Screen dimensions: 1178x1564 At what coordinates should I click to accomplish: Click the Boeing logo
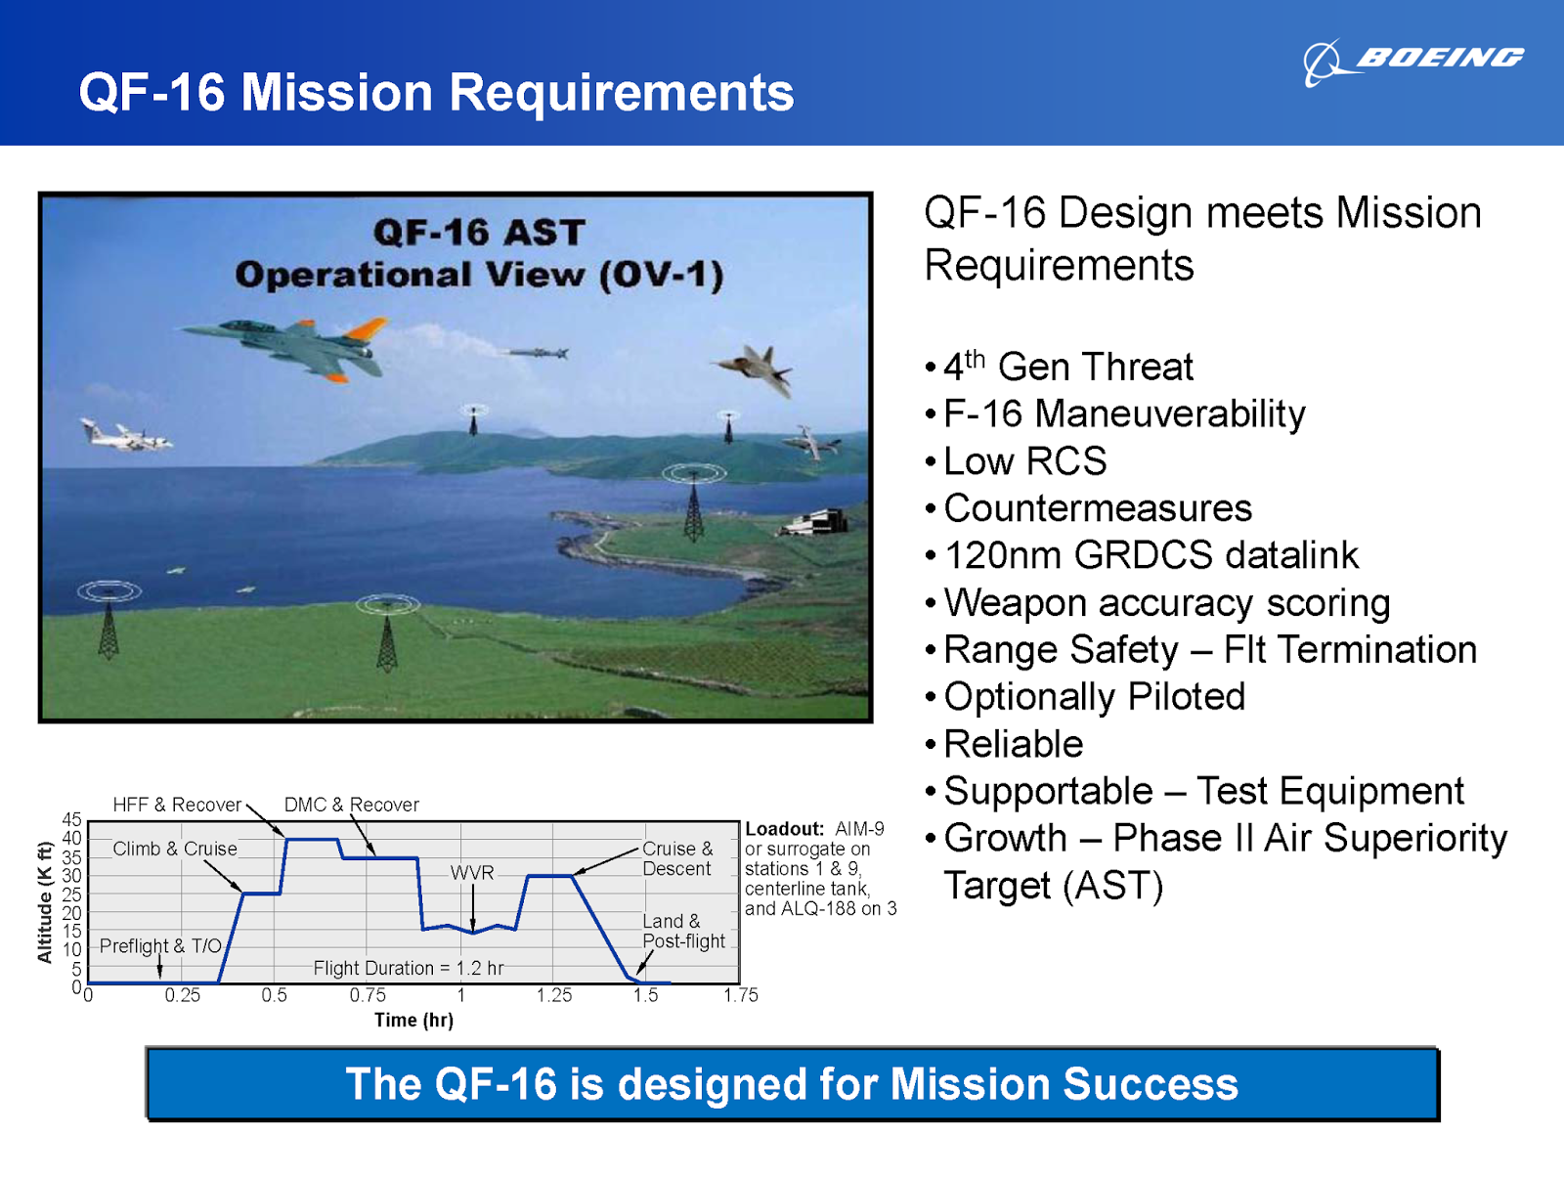click(x=1412, y=61)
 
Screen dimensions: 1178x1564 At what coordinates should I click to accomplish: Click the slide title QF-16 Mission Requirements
click(x=436, y=93)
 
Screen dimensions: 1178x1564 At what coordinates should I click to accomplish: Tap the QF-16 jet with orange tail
click(x=293, y=344)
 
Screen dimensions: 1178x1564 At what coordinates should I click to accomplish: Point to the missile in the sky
click(x=537, y=353)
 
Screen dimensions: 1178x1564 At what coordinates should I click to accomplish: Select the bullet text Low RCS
click(x=1024, y=461)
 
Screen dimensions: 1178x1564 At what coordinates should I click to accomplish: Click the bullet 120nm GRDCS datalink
click(x=1151, y=555)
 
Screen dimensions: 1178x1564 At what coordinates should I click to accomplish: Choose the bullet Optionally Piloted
click(x=1094, y=697)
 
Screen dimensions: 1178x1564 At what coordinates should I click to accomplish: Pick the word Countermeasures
click(x=1097, y=508)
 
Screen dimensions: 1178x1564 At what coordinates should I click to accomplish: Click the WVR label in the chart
click(x=472, y=872)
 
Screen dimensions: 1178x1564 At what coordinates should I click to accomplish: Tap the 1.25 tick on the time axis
click(x=554, y=995)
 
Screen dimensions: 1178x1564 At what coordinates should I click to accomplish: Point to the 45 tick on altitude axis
click(x=71, y=819)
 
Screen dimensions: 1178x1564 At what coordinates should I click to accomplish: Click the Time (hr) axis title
click(x=413, y=1020)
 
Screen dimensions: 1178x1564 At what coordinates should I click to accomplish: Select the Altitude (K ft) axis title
click(x=44, y=901)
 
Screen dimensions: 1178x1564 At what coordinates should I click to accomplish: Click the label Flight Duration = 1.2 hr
click(x=409, y=968)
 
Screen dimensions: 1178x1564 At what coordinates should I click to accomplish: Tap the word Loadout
click(x=784, y=829)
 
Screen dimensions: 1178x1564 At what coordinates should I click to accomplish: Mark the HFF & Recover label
click(x=177, y=805)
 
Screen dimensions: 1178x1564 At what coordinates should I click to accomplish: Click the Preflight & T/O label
click(x=160, y=945)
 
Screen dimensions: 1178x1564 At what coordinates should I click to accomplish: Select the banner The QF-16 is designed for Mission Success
click(x=792, y=1084)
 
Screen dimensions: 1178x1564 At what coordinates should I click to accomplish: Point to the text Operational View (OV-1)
click(x=479, y=275)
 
